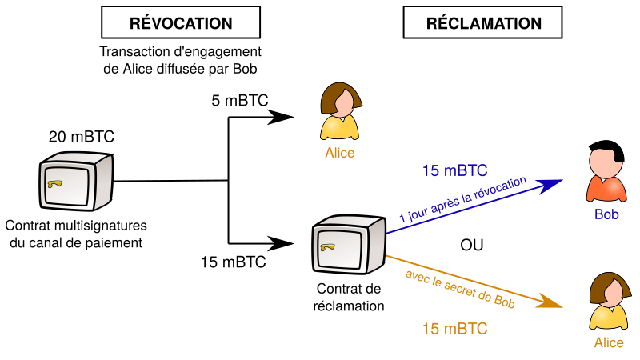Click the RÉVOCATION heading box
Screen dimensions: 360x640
(x=181, y=24)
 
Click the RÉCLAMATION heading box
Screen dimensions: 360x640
(x=483, y=24)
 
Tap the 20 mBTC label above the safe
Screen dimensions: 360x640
(x=82, y=137)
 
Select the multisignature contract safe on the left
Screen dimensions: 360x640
(x=78, y=182)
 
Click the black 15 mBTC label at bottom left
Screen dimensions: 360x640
(x=234, y=261)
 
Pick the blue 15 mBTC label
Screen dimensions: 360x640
(x=454, y=170)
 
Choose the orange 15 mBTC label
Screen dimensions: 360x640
(x=454, y=329)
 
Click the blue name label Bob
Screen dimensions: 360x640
(x=606, y=214)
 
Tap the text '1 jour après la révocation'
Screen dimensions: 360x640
(x=462, y=198)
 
